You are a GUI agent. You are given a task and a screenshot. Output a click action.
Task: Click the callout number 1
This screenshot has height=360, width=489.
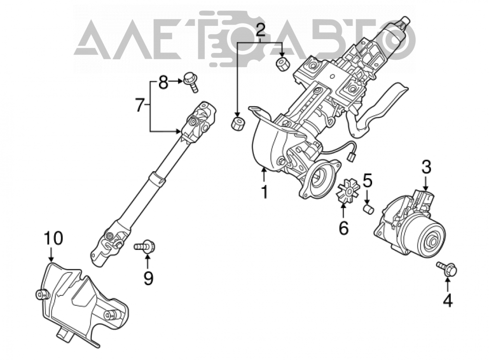pos(265,192)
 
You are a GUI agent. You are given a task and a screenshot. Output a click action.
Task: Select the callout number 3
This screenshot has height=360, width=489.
pos(426,167)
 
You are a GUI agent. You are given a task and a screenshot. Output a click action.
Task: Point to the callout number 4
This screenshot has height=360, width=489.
pos(448,300)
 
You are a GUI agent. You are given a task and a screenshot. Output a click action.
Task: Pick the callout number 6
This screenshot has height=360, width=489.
pos(343,228)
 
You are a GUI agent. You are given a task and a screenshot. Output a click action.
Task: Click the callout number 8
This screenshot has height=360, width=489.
pos(163,83)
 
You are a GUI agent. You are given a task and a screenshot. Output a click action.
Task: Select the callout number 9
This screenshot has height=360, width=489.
pos(149,278)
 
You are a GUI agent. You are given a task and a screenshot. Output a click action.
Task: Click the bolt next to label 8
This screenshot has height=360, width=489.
pos(190,82)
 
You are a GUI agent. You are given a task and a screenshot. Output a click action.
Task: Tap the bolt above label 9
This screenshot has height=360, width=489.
pos(144,247)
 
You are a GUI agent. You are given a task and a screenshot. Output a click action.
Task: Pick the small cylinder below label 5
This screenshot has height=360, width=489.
pos(369,209)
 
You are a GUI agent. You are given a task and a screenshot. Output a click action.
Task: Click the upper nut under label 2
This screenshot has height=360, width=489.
pos(283,63)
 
